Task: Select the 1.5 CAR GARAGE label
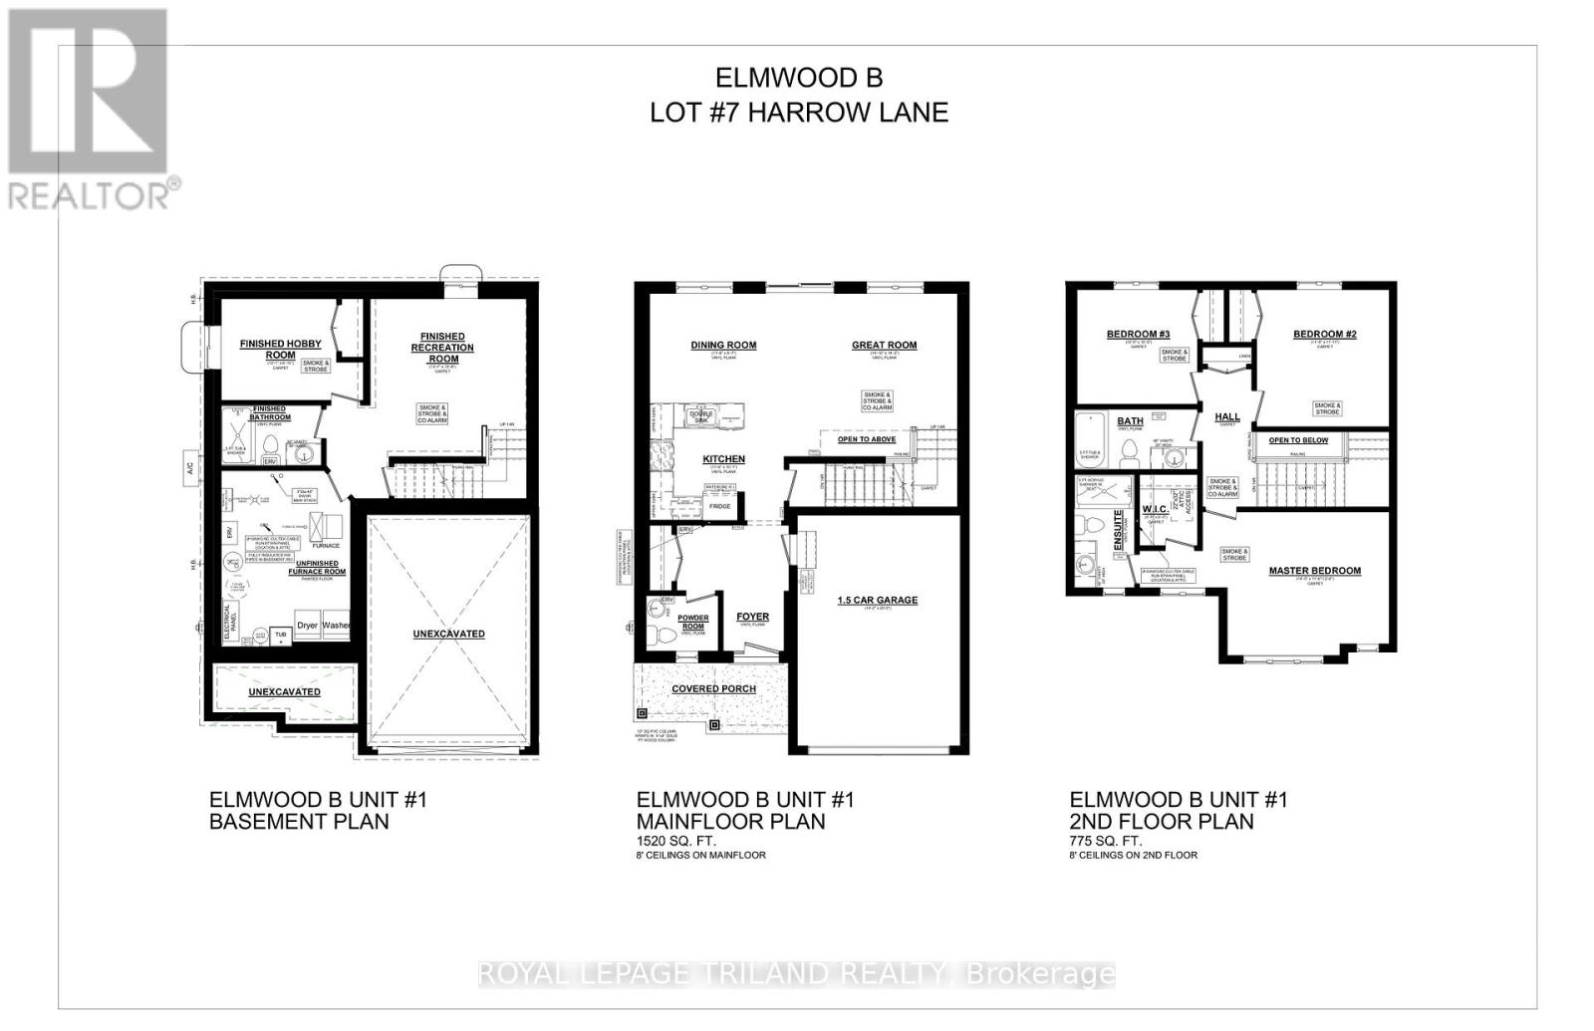[x=877, y=600]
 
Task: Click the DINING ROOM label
[x=723, y=346]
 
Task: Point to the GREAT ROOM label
[x=884, y=346]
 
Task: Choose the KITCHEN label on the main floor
[x=723, y=459]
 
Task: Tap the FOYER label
[x=752, y=617]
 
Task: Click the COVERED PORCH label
[x=713, y=688]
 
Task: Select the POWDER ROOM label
[x=693, y=623]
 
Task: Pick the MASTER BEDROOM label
[x=1314, y=571]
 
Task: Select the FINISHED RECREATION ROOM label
[x=442, y=348]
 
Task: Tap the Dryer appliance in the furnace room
[x=307, y=626]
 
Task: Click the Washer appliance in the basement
[x=336, y=626]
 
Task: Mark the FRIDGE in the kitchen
[x=719, y=507]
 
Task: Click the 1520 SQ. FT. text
[x=675, y=841]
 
